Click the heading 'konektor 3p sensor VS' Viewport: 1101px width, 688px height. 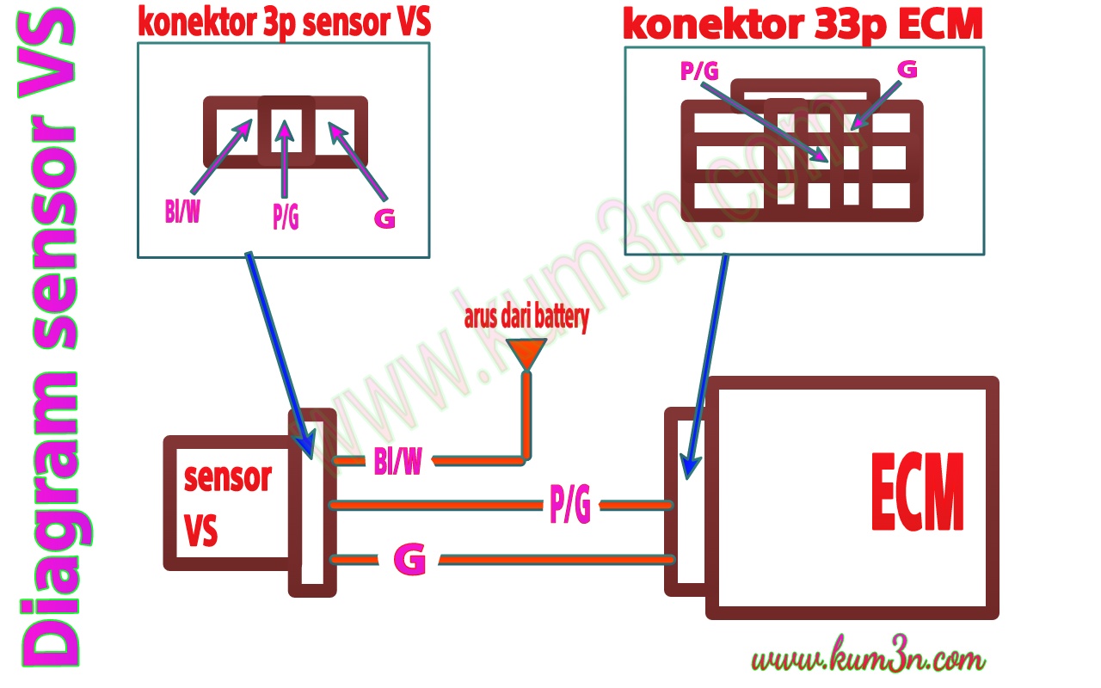tap(284, 23)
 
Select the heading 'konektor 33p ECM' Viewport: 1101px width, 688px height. tap(802, 26)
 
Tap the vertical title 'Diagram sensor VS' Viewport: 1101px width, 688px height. tap(47, 344)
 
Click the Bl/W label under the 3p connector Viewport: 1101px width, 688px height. tap(182, 211)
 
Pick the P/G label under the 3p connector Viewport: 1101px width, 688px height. tap(286, 218)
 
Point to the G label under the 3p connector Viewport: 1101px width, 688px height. tap(384, 218)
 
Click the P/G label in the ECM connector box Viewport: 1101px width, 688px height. tap(698, 71)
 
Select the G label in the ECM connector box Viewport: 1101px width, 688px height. tap(907, 69)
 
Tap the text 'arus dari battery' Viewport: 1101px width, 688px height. tap(526, 319)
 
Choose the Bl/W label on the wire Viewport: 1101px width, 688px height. tap(397, 463)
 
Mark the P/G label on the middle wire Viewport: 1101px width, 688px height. tap(569, 506)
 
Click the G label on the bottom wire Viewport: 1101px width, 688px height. tap(409, 561)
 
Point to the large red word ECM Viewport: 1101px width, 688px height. tap(917, 494)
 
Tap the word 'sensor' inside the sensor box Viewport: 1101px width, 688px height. tap(228, 477)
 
